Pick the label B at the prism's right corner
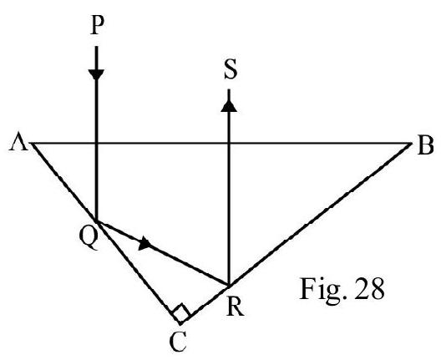(425, 145)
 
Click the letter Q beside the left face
(89, 238)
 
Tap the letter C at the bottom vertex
(178, 341)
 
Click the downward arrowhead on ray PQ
(97, 74)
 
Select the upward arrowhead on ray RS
(229, 106)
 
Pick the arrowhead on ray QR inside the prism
(144, 243)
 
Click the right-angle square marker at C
(181, 312)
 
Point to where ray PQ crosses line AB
(97, 144)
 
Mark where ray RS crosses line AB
(229, 144)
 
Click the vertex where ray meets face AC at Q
(97, 221)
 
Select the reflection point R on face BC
(229, 286)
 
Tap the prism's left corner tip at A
(31, 144)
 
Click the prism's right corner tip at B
(411, 144)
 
